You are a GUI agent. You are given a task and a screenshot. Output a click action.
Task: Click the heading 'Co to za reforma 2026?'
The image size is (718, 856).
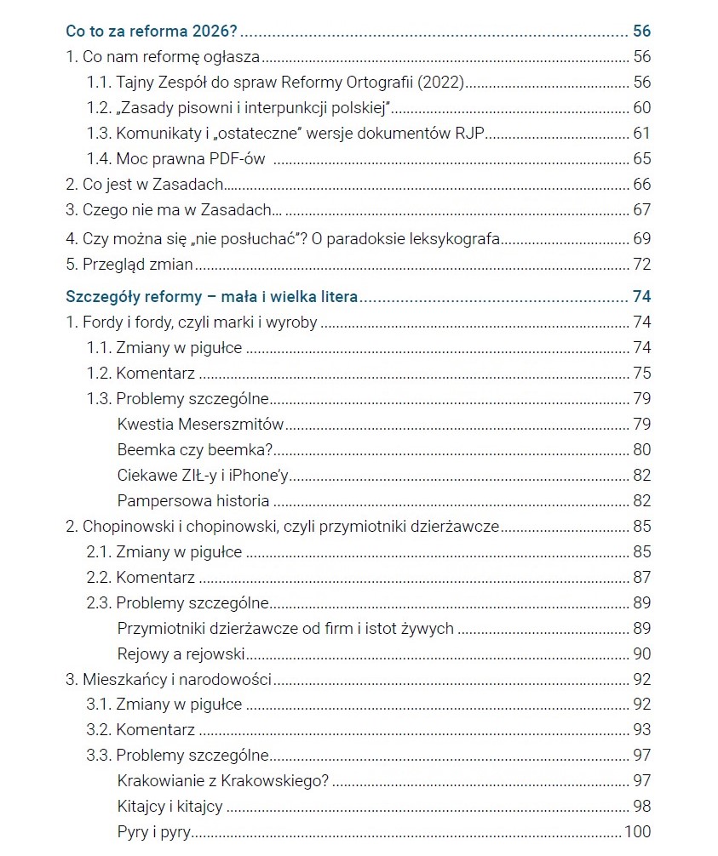(152, 31)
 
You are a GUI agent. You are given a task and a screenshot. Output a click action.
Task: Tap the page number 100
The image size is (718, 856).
(637, 832)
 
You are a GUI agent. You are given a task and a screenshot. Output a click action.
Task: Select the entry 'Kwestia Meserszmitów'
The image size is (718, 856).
(200, 424)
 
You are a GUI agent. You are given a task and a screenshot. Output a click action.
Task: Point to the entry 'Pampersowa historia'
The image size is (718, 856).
(193, 500)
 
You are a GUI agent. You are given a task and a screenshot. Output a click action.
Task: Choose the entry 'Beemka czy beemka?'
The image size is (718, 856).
(194, 449)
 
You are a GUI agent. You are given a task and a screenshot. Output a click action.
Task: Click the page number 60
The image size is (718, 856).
(641, 107)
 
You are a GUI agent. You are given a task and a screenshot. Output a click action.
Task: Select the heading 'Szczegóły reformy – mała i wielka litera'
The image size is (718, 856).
(211, 297)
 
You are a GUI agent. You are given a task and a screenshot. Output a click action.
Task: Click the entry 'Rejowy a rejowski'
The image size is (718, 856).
(181, 653)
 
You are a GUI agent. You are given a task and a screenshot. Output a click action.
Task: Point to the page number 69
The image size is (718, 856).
(641, 239)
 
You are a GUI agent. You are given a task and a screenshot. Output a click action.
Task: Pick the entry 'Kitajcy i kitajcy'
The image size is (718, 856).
(170, 807)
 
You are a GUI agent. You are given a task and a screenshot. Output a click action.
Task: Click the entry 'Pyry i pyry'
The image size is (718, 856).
(154, 832)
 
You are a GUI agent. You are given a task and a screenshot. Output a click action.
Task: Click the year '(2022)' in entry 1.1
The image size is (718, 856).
(442, 83)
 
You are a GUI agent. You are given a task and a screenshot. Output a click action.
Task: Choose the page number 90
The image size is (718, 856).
(641, 653)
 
